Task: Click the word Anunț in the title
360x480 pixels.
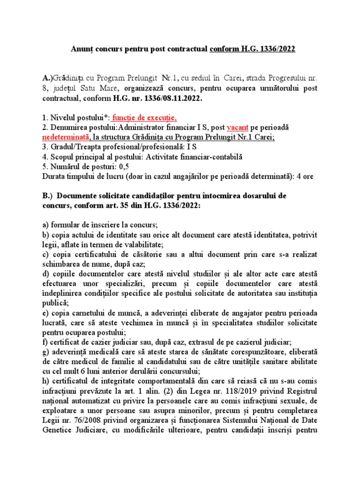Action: pos(81,49)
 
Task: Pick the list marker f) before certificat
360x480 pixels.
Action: pos(45,343)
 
